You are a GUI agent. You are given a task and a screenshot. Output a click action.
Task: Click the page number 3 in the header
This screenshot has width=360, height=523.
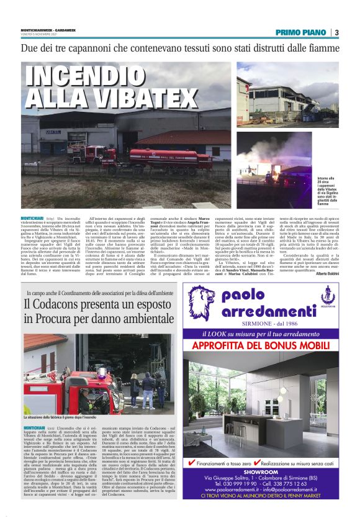[336, 33]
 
